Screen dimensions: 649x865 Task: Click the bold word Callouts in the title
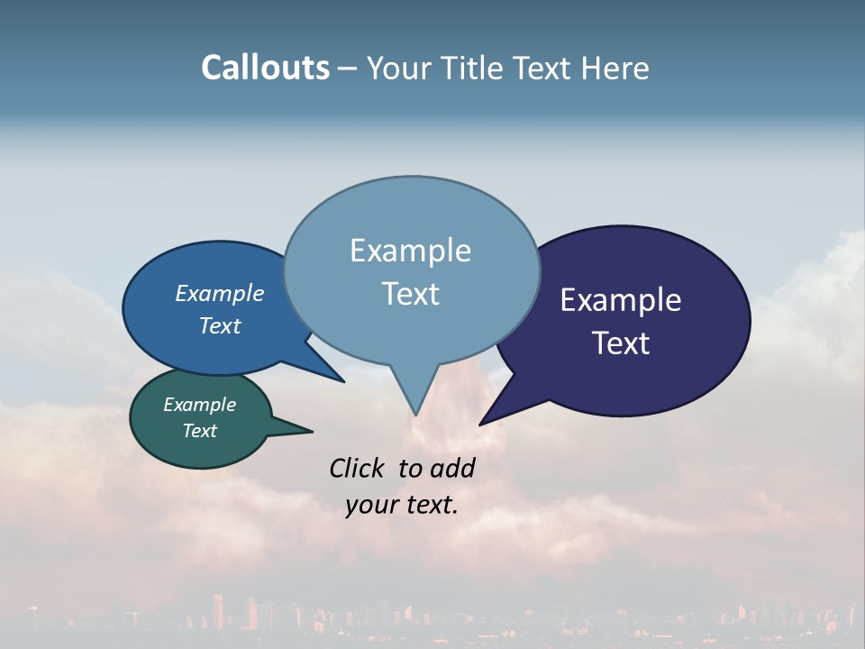265,68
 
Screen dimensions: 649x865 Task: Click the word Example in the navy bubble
621,300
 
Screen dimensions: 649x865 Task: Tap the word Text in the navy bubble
621,343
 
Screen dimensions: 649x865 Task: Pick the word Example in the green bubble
199,405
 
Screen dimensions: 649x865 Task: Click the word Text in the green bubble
199,431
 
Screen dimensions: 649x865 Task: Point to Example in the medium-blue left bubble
219,294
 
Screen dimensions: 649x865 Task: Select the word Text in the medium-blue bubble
219,325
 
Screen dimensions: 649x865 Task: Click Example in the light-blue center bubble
410,251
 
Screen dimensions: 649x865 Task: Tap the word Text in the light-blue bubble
410,294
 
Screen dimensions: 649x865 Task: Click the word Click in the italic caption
358,468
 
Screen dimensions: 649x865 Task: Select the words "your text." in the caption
402,505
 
